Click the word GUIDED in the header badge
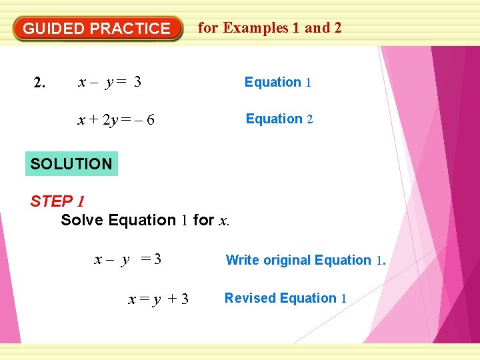(x=54, y=29)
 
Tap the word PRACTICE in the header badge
(x=130, y=29)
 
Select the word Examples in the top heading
(x=256, y=28)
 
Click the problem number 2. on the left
(x=40, y=83)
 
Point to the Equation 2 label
(x=279, y=119)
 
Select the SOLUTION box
(x=71, y=163)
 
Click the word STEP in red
(x=51, y=201)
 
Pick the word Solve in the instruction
(x=82, y=220)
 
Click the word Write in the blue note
(x=243, y=260)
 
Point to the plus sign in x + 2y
(x=93, y=120)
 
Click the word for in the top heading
(x=208, y=28)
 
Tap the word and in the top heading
(x=317, y=28)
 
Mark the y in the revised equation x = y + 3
(x=157, y=300)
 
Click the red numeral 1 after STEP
(x=80, y=201)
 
